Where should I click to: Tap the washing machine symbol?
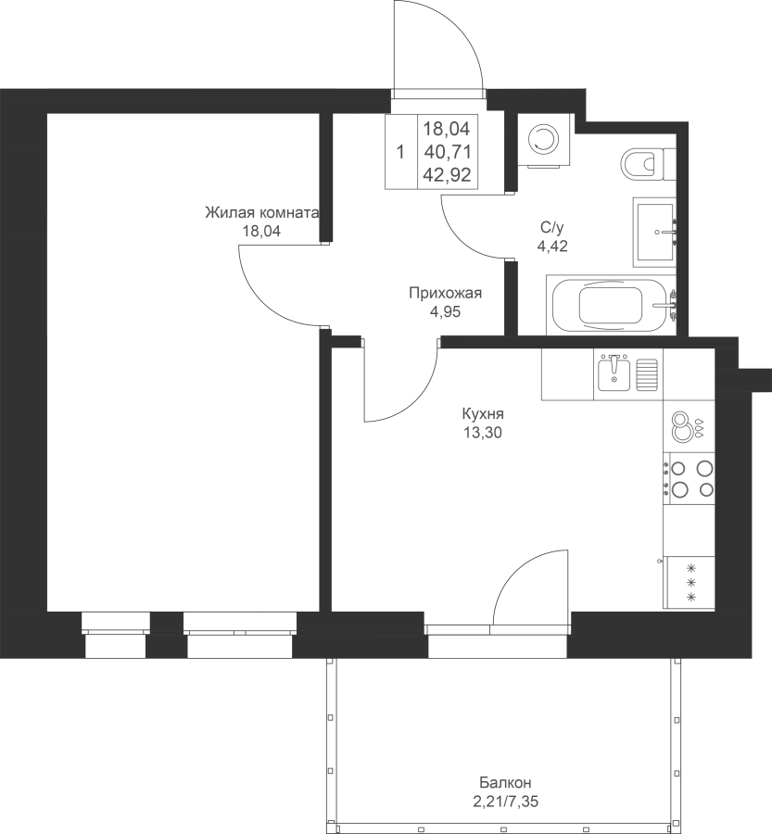point(544,141)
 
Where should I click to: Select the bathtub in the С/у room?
point(611,305)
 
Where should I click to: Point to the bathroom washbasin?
point(654,232)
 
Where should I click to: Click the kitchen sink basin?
point(614,373)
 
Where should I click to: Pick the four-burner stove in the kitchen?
point(689,478)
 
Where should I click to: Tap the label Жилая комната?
point(261,213)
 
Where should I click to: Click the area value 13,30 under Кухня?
point(483,433)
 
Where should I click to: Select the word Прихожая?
point(446,293)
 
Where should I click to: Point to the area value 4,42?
point(552,246)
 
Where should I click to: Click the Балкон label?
point(505,782)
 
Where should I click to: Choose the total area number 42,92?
point(448,175)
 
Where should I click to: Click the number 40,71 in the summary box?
point(448,152)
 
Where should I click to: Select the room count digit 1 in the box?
point(400,153)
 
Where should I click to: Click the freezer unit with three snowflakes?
point(689,583)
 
